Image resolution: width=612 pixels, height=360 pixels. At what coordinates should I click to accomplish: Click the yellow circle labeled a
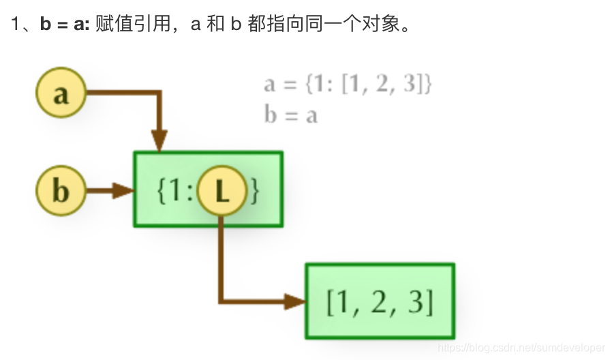pos(61,94)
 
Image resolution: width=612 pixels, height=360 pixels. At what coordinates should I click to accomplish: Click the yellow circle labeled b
pos(61,190)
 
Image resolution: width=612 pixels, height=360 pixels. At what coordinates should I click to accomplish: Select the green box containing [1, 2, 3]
pos(380,301)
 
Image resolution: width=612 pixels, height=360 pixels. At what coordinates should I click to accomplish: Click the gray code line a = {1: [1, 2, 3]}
pos(348,85)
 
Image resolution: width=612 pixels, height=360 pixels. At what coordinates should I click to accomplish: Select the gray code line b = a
pos(291,115)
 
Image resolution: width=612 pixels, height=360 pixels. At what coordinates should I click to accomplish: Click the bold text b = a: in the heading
pos(65,25)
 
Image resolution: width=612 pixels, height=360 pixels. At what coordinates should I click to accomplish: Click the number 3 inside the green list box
pos(416,301)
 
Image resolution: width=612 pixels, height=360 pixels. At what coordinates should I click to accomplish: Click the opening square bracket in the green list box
pos(331,301)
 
